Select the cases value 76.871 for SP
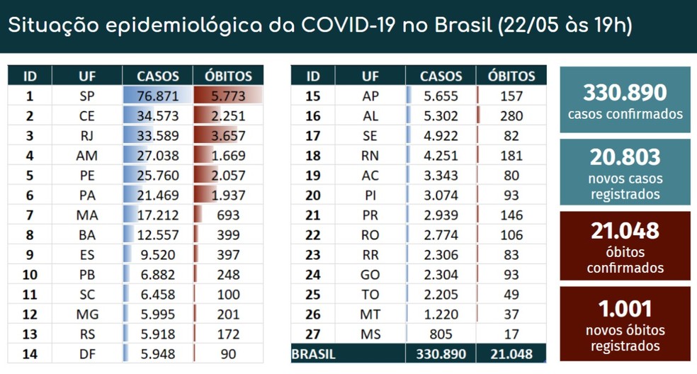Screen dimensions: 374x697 click(158, 96)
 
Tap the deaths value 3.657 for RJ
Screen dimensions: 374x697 click(228, 135)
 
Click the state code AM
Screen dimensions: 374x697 click(87, 155)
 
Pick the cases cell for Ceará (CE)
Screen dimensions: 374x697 click(158, 115)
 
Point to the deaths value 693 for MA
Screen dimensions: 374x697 click(228, 215)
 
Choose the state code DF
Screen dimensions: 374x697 click(87, 353)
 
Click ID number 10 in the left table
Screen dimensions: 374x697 click(30, 274)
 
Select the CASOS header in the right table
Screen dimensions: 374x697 click(441, 76)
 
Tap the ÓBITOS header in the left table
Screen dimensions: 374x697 click(228, 76)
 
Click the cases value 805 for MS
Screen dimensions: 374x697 click(441, 334)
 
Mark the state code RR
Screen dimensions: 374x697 click(370, 254)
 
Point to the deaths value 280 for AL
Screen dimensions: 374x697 click(511, 115)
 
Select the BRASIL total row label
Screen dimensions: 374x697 click(314, 353)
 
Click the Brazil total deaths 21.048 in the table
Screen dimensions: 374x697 click(511, 353)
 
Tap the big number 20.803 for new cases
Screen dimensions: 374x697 click(625, 157)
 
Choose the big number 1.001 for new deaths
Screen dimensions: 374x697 click(625, 308)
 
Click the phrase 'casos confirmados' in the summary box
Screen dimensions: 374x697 click(625, 114)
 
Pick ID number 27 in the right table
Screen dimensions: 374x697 click(313, 334)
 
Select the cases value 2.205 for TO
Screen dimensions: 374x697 click(441, 294)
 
